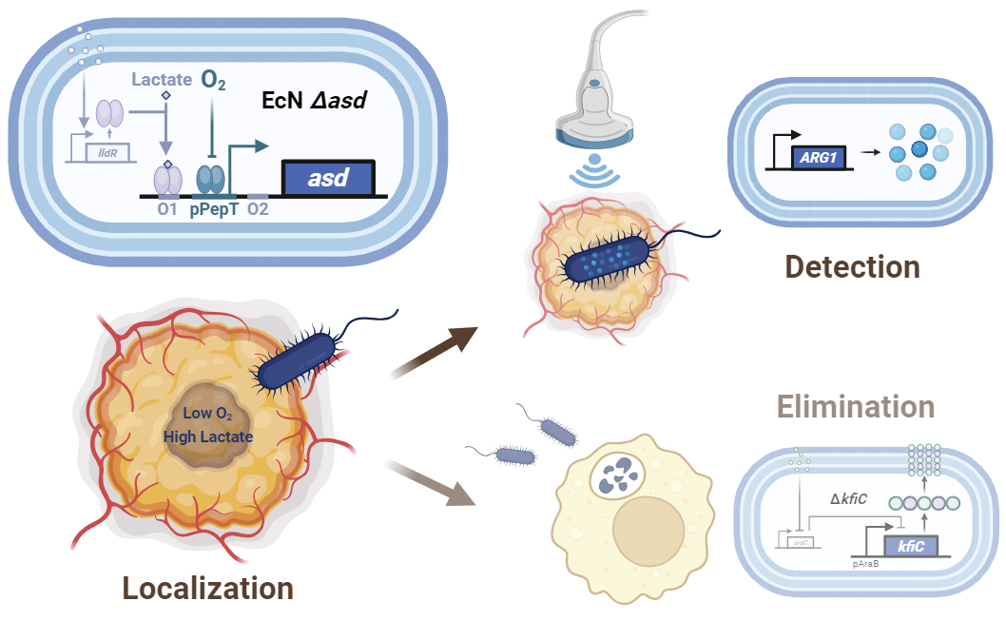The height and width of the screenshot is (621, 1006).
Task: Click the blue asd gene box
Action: coord(328,177)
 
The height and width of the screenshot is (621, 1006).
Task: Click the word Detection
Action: coord(853,267)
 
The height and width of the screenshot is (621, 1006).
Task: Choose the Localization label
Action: coord(207,587)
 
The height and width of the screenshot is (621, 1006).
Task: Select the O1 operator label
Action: coord(169,207)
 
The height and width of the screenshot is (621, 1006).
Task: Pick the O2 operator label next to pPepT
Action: coord(257,207)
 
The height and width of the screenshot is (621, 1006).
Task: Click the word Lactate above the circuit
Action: coord(162,80)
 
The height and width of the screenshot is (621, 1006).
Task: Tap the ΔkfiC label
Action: coord(850,498)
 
